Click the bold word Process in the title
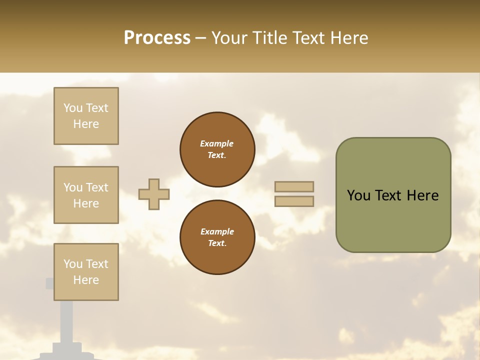157,38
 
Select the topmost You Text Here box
86,116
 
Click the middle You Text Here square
86,195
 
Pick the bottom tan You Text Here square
86,271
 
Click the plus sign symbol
154,194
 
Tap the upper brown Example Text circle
217,149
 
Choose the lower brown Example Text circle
217,237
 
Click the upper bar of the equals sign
294,187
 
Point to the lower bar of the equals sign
294,201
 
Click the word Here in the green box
422,195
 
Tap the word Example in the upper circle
216,143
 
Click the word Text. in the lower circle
217,243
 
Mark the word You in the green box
358,195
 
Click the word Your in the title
229,38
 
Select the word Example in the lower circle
217,231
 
